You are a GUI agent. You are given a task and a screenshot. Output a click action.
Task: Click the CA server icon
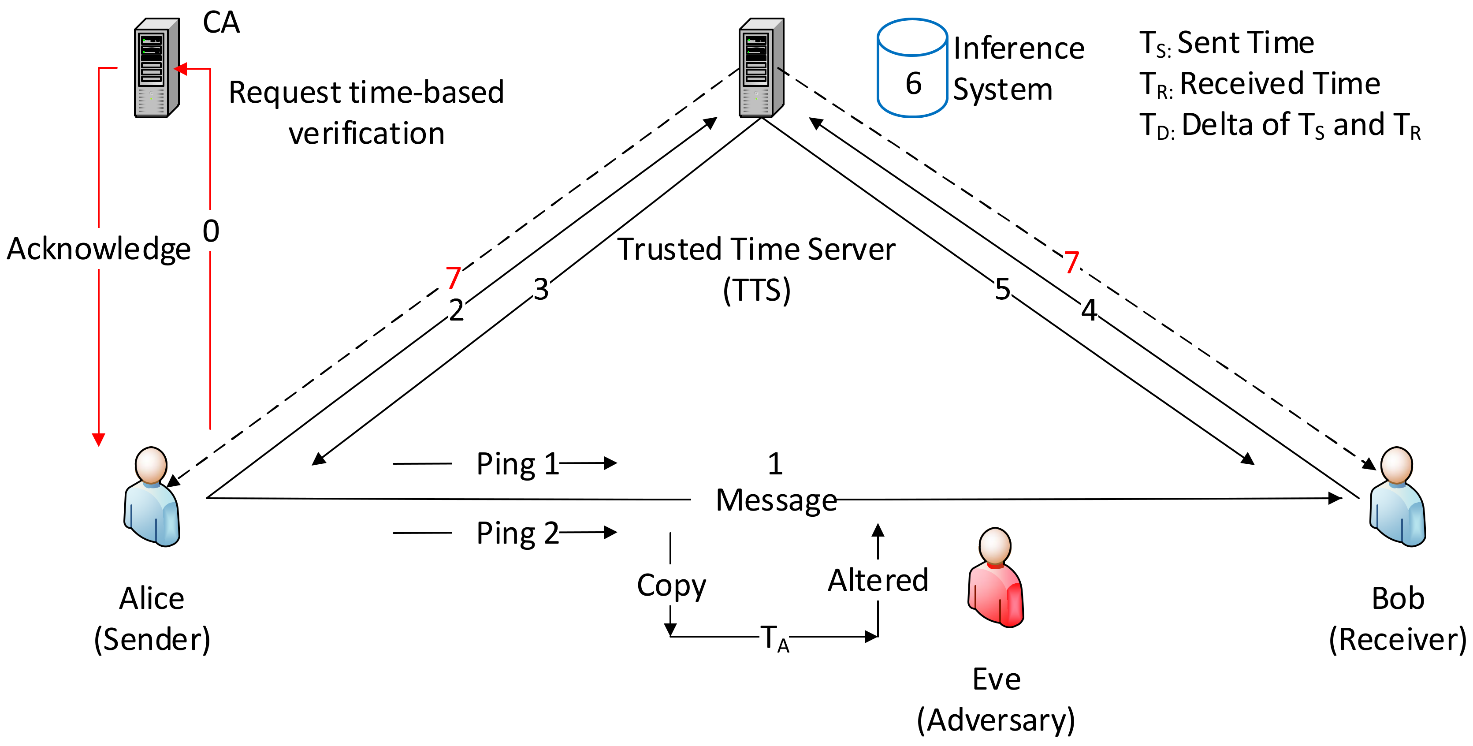pos(156,68)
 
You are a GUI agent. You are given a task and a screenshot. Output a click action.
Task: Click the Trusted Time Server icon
pos(760,68)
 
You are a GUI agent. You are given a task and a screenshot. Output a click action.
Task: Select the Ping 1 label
pos(517,463)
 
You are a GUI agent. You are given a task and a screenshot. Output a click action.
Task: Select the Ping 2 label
pos(517,533)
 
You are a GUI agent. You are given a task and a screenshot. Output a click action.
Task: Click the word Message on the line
pos(776,500)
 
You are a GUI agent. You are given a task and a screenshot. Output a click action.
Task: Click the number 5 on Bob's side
pos(1002,289)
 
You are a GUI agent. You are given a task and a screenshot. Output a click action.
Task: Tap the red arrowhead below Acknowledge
pos(98,440)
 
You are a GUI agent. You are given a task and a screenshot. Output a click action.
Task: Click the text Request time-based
pos(366,93)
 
